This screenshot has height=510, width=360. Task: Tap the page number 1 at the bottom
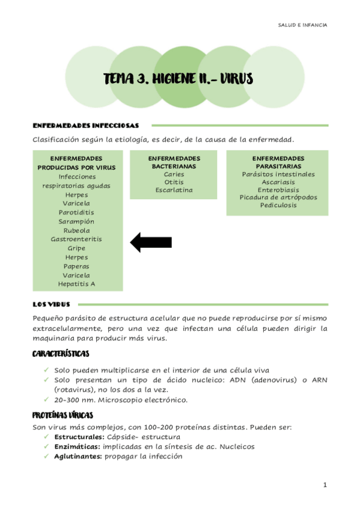click(325, 485)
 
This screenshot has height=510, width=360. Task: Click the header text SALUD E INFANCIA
click(303, 25)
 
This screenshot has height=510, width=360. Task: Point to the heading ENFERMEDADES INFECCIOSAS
click(85, 126)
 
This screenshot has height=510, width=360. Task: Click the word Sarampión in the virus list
click(76, 221)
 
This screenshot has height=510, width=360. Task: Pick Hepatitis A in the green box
click(76, 284)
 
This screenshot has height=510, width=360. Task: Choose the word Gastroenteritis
click(76, 239)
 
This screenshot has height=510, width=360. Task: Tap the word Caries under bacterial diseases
click(174, 174)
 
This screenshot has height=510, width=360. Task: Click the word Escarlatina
click(174, 190)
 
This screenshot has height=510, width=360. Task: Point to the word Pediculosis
click(278, 205)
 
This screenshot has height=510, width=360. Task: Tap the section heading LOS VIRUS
click(51, 304)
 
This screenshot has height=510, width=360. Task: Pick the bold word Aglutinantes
click(78, 456)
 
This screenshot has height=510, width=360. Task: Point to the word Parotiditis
click(76, 212)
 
